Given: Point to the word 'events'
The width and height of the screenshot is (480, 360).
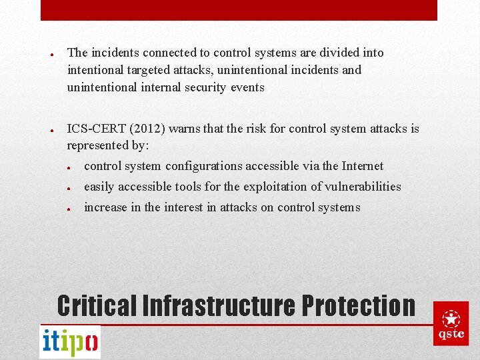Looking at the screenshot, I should [247, 87].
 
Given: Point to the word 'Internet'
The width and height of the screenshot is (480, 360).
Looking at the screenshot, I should [362, 166].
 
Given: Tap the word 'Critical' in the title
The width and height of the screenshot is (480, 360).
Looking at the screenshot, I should [97, 305].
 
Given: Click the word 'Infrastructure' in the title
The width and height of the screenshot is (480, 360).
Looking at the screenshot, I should [219, 305].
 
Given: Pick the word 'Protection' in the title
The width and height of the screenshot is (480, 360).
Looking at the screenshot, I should [358, 305].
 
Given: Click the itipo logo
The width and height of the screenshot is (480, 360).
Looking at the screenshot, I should [70, 342].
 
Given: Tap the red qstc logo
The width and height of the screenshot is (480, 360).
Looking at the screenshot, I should [451, 323].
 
